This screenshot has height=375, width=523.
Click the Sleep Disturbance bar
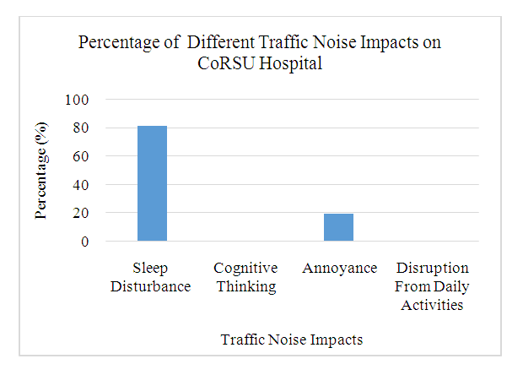(x=153, y=184)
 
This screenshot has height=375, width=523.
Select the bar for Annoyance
(x=338, y=227)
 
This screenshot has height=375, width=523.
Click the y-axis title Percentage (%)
(x=40, y=171)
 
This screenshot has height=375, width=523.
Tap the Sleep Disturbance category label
(x=153, y=277)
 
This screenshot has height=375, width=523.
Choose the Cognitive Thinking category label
(x=245, y=277)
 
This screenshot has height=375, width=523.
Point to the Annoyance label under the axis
(x=338, y=269)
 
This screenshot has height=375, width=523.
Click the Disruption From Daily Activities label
(x=432, y=286)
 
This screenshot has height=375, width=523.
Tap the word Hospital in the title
(x=290, y=62)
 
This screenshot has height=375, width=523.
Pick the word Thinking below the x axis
(x=245, y=286)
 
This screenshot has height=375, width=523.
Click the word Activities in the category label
(x=432, y=305)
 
